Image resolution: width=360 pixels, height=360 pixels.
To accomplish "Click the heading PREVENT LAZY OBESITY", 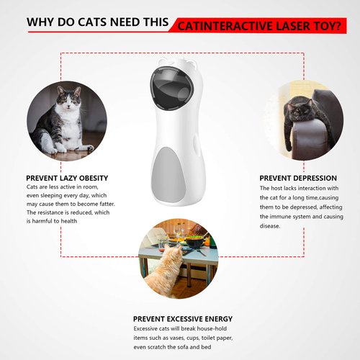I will point(67,178).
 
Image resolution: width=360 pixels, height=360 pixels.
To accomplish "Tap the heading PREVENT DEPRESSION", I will point(298,178).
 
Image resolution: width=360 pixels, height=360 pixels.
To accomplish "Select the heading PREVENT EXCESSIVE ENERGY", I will point(183,318).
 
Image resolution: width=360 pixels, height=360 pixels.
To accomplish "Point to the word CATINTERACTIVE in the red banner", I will point(222,26).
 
